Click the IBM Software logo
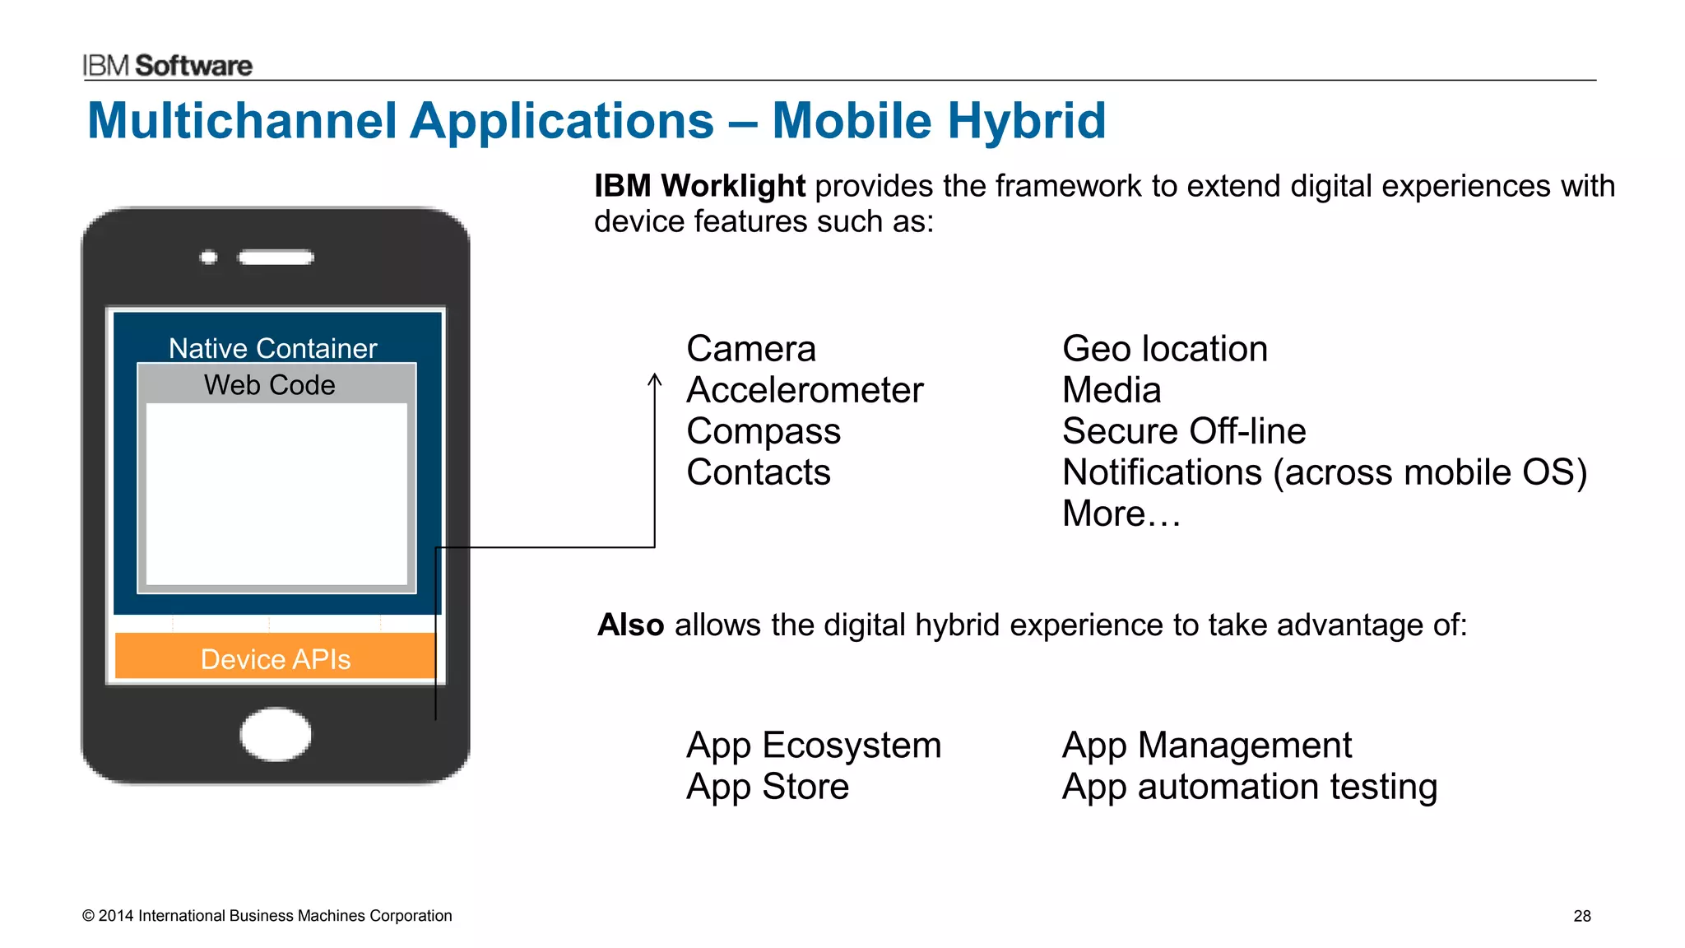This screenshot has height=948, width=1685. point(167,65)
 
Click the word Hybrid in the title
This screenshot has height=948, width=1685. point(1026,121)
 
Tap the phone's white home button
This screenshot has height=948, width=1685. point(276,734)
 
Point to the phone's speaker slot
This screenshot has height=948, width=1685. point(276,258)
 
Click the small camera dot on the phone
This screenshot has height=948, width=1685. point(209,258)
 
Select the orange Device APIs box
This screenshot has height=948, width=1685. point(276,657)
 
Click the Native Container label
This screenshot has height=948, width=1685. point(272,348)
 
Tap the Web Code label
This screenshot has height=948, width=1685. point(269,384)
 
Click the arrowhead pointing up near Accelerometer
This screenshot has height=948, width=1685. point(655,379)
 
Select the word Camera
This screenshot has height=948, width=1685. point(750,349)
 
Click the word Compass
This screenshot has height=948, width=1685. point(763,431)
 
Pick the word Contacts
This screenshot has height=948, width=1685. point(758,472)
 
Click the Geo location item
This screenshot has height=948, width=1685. point(1164,349)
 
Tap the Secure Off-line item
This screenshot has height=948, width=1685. point(1183,431)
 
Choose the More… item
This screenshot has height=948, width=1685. point(1121,513)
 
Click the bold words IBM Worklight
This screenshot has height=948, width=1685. point(699,186)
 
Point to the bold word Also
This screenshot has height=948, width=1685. point(630,625)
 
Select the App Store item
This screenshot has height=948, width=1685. point(767,787)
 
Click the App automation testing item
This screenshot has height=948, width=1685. point(1249,787)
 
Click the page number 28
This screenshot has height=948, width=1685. point(1581,916)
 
